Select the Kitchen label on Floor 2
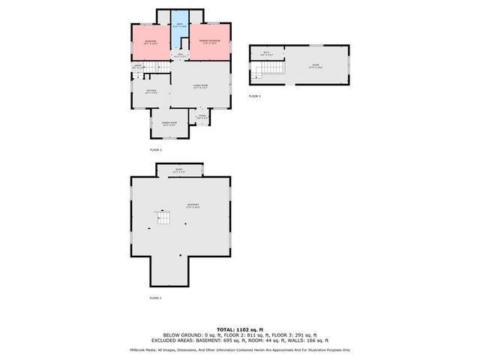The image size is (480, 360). pyautogui.click(x=151, y=91)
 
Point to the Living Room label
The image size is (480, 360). pyautogui.click(x=199, y=87)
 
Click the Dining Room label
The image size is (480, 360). pyautogui.click(x=169, y=123)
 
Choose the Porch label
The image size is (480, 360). pyautogui.click(x=202, y=116)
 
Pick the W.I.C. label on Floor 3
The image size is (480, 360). pyautogui.click(x=266, y=52)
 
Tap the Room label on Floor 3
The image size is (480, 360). pyautogui.click(x=316, y=66)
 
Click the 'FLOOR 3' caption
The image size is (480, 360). pyautogui.click(x=254, y=97)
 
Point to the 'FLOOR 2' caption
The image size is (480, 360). pyautogui.click(x=156, y=150)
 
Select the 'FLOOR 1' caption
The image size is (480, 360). pyautogui.click(x=155, y=298)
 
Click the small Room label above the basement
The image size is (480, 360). pyautogui.click(x=179, y=171)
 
